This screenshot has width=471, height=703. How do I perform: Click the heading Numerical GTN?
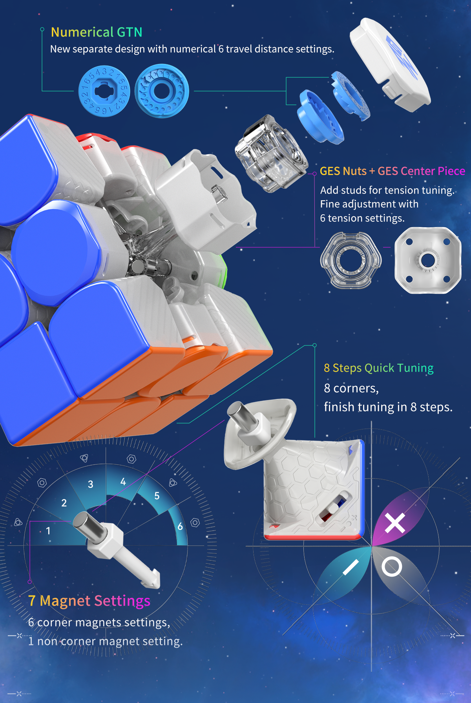pos(96,32)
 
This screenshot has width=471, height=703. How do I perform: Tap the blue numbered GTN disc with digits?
pos(104,91)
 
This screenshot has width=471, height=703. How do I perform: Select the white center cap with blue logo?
pos(390,64)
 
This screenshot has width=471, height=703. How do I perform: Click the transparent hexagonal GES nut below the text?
pos(351,260)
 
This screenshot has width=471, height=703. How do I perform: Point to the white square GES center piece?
pos(427,260)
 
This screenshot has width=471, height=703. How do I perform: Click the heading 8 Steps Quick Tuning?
pos(378,368)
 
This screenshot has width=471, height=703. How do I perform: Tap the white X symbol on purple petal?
pos(395,523)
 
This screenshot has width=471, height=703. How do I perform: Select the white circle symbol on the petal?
pos(391,567)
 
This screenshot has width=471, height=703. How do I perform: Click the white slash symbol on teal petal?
pos(351,568)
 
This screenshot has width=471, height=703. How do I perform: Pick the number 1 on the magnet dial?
pos(48,531)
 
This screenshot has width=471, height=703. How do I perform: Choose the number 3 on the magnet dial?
pos(90,484)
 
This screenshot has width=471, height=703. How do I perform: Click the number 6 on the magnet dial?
pos(180,526)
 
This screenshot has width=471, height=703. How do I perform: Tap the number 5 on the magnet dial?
pos(157,496)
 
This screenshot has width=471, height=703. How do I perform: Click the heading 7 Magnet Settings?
pos(89,601)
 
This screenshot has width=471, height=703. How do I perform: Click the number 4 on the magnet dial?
pos(123,482)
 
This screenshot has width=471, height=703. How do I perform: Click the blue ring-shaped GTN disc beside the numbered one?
pos(162,91)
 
